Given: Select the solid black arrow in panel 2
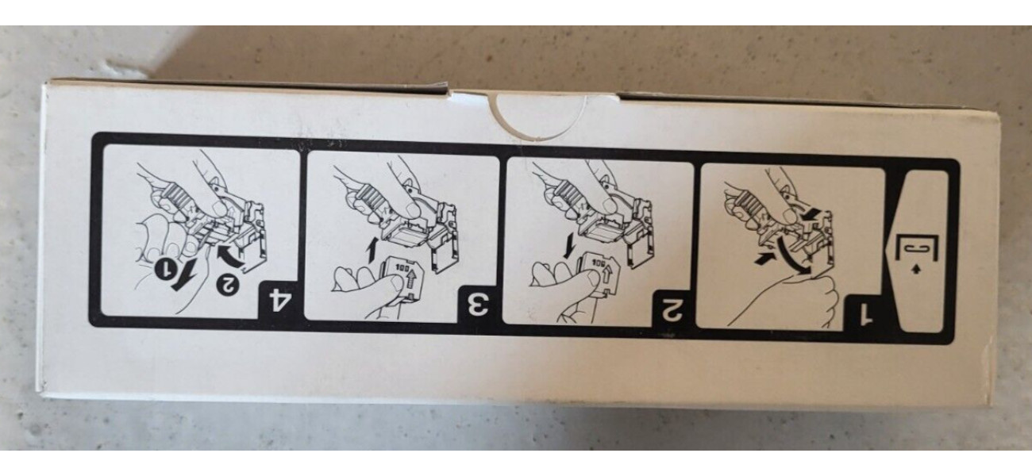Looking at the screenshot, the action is (570, 245).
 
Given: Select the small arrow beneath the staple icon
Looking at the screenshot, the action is (915, 270).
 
